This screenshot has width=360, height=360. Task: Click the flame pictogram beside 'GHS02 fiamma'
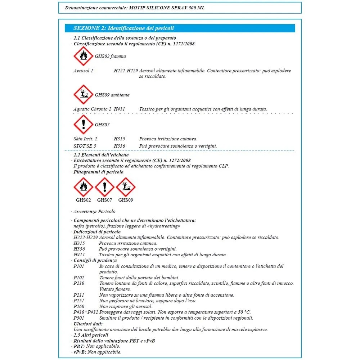tap(83, 56)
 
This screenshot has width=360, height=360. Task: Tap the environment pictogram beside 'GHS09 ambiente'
tap(83, 95)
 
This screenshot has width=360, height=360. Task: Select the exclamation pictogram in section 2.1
tap(83, 125)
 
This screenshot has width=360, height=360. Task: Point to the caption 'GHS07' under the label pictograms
tap(104, 200)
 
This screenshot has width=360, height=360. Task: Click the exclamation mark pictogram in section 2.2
tap(104, 187)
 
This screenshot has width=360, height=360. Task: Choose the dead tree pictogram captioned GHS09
tap(126, 187)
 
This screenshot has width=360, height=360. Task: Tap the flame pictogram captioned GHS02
tap(83, 187)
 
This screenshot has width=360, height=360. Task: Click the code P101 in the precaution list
tap(78, 266)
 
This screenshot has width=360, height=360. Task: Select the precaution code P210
tap(78, 283)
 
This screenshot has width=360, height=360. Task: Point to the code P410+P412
tap(85, 312)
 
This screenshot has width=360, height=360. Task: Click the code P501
tap(78, 318)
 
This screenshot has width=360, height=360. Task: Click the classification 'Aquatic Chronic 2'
tap(92, 109)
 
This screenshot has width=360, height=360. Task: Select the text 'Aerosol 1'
tap(83, 71)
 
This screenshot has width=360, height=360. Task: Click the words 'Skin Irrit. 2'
tap(85, 139)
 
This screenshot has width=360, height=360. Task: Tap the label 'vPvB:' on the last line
tap(80, 352)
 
